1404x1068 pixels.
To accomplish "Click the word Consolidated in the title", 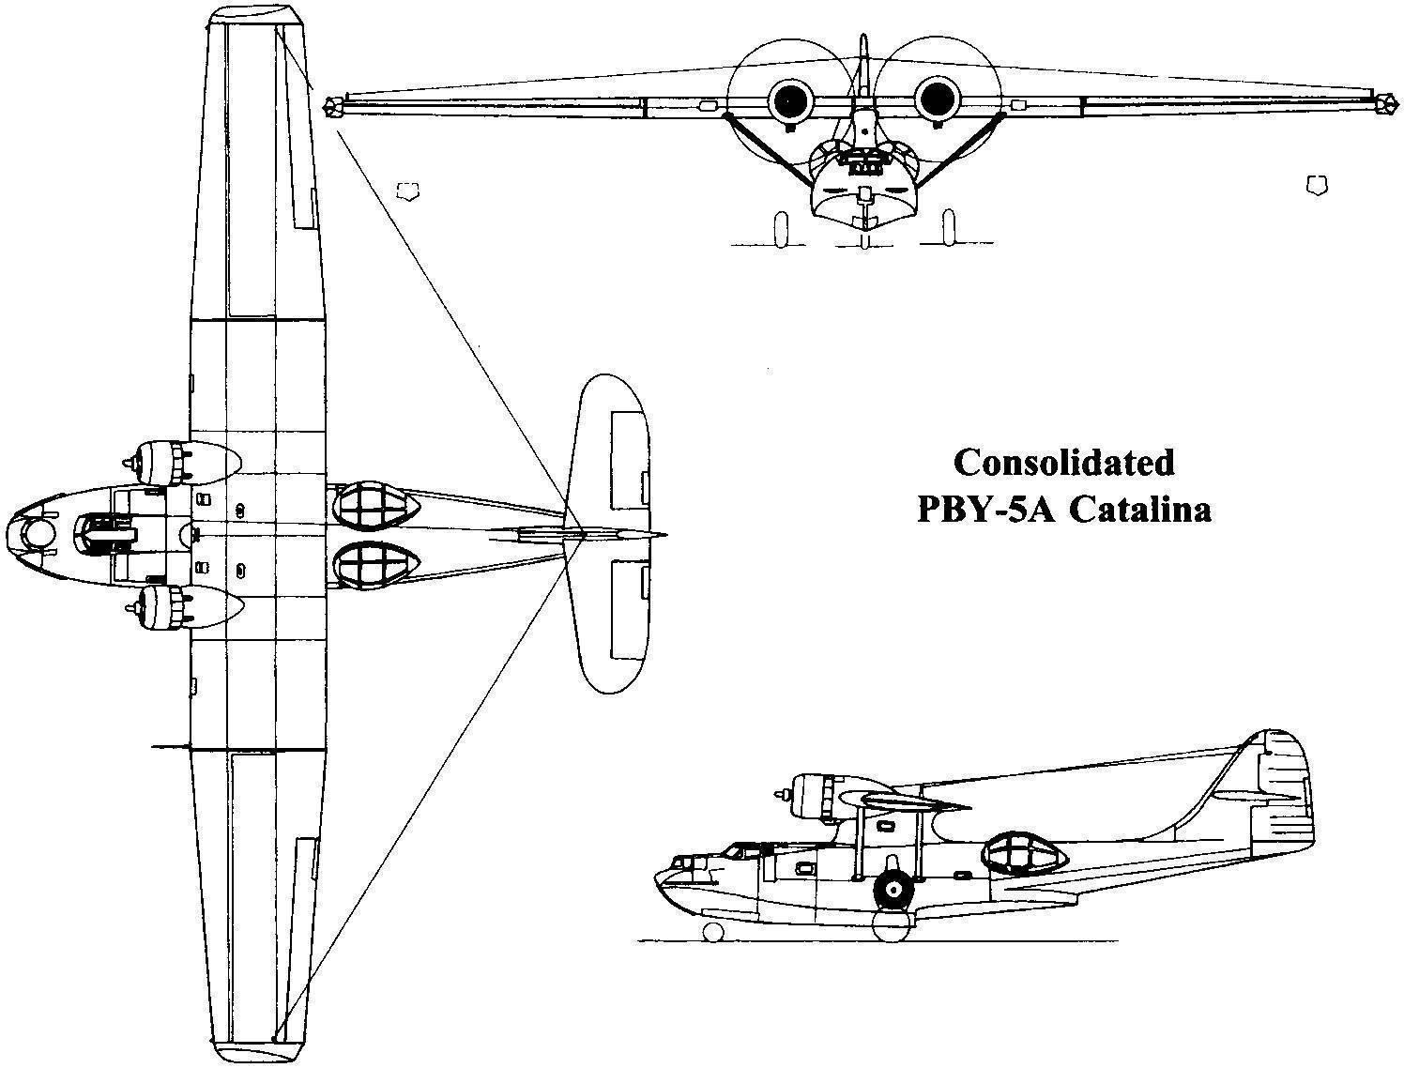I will click(x=1063, y=463).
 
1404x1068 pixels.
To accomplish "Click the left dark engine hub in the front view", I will click(x=788, y=98).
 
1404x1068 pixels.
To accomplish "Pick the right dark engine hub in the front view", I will click(x=935, y=98).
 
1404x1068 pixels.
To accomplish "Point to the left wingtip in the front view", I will click(x=330, y=106).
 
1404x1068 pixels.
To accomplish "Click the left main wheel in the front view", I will click(x=780, y=229).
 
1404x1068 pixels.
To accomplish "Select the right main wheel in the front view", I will click(x=948, y=229).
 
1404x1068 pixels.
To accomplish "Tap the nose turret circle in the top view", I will click(x=38, y=534).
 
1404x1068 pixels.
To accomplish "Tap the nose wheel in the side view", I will click(x=712, y=932).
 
